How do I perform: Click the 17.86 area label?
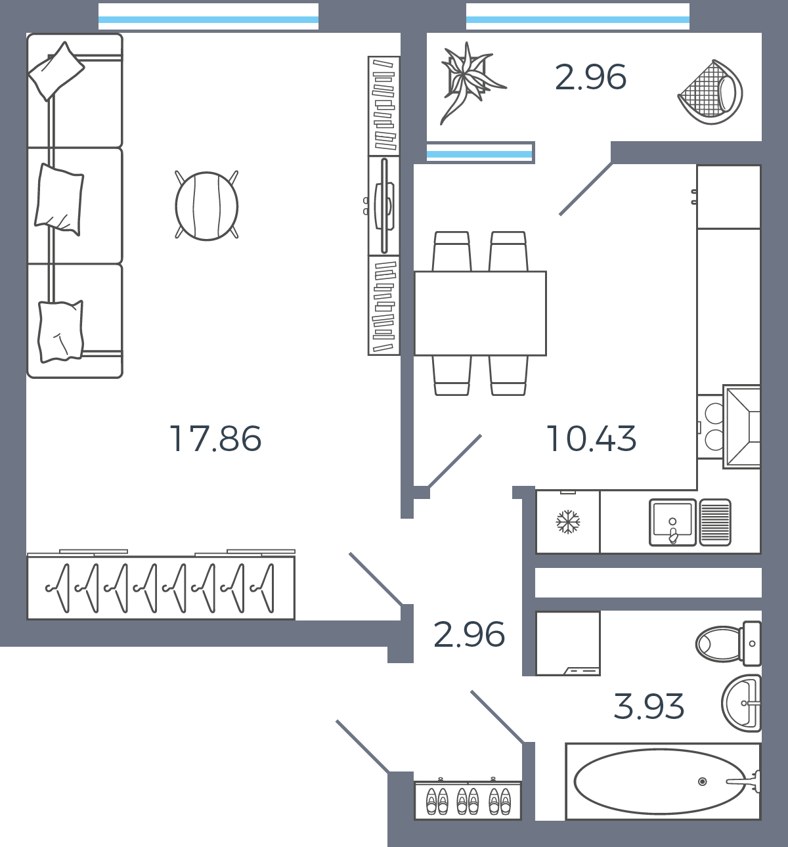[x=215, y=439]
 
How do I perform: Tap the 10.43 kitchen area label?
[x=591, y=439]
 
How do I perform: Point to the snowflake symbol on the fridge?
[x=568, y=522]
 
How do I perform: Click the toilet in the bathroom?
[x=728, y=643]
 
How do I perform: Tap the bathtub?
[x=663, y=781]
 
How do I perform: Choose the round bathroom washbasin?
[x=741, y=703]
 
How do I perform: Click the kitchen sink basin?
[x=672, y=523]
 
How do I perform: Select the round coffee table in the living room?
[x=206, y=206]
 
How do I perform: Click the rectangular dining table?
[x=481, y=313]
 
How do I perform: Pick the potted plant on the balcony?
[x=469, y=83]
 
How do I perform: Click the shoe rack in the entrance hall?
[x=468, y=800]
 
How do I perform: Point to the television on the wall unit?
[x=384, y=206]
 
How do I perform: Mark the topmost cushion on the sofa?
[x=56, y=72]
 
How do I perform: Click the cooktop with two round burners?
[x=711, y=427]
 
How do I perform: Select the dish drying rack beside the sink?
[x=716, y=523]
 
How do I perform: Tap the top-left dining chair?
[x=452, y=251]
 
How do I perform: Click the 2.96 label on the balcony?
[x=590, y=77]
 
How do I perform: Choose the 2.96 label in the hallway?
[x=469, y=635]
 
